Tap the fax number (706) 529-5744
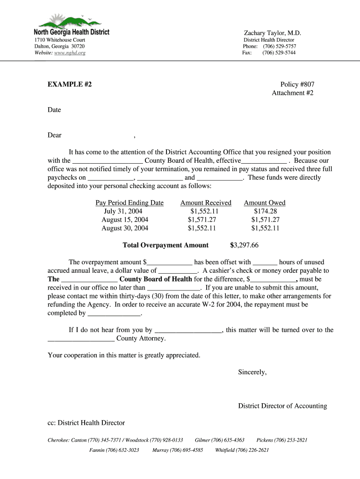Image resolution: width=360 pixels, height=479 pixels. pos(279,53)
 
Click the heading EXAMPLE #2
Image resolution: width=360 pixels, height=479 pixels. pos(70,85)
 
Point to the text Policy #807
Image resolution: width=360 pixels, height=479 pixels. pos(297,85)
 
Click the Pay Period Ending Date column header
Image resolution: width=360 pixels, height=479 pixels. pos(130,203)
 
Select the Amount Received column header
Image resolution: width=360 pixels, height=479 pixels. pos(206,203)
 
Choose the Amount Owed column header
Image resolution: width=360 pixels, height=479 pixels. pos(265,203)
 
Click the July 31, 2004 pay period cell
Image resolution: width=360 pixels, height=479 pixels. pos(123,211)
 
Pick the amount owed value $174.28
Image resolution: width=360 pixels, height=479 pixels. pos(265,211)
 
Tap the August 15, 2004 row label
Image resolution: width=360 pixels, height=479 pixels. pos(125,220)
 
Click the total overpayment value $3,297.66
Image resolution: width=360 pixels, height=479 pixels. pos(245,246)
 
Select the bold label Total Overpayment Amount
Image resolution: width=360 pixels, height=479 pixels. pos(166,246)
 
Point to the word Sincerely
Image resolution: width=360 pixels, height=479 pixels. pos(252,372)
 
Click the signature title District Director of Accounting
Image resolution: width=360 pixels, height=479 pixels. pos(282,406)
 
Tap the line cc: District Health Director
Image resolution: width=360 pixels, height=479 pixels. pos(86,423)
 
